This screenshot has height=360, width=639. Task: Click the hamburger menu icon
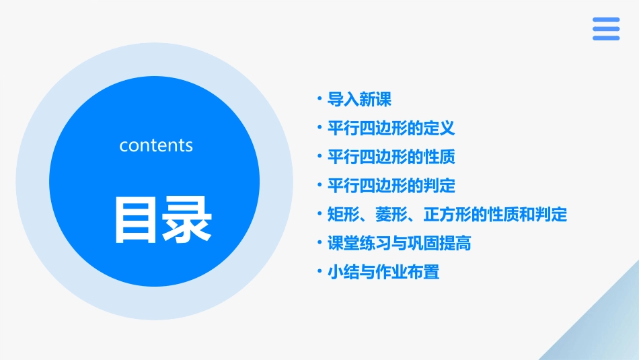click(x=606, y=29)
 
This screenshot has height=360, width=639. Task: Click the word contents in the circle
click(x=156, y=145)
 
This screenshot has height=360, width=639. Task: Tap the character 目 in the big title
click(x=135, y=219)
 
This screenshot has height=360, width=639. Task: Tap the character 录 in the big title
click(x=185, y=219)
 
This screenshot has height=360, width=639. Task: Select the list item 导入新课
click(x=359, y=100)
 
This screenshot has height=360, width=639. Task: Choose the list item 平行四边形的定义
click(x=391, y=129)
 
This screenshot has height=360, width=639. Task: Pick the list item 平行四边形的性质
click(x=391, y=157)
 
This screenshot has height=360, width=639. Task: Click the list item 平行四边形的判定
click(x=391, y=186)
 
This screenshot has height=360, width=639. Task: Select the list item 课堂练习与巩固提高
click(x=399, y=243)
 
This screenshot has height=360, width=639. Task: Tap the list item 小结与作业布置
click(x=383, y=273)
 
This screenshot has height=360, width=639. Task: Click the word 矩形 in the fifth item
click(x=343, y=215)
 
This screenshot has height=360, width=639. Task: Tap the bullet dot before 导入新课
click(x=319, y=100)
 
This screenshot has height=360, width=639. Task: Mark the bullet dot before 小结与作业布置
click(x=319, y=272)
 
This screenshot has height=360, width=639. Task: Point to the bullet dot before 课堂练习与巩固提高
click(x=319, y=243)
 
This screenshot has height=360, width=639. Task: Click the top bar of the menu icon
click(x=606, y=20)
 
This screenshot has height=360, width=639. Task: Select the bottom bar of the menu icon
click(x=606, y=38)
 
